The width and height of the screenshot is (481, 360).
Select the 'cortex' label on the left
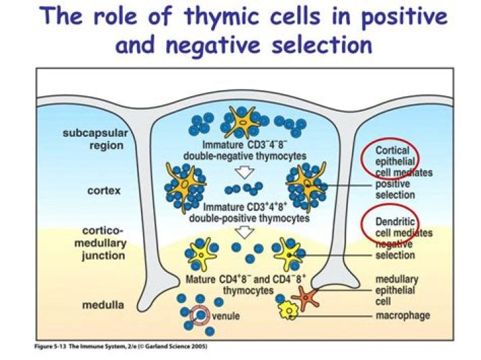click(104, 190)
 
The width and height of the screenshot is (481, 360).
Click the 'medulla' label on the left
click(102, 305)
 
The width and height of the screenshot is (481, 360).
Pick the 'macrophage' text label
click(402, 315)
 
